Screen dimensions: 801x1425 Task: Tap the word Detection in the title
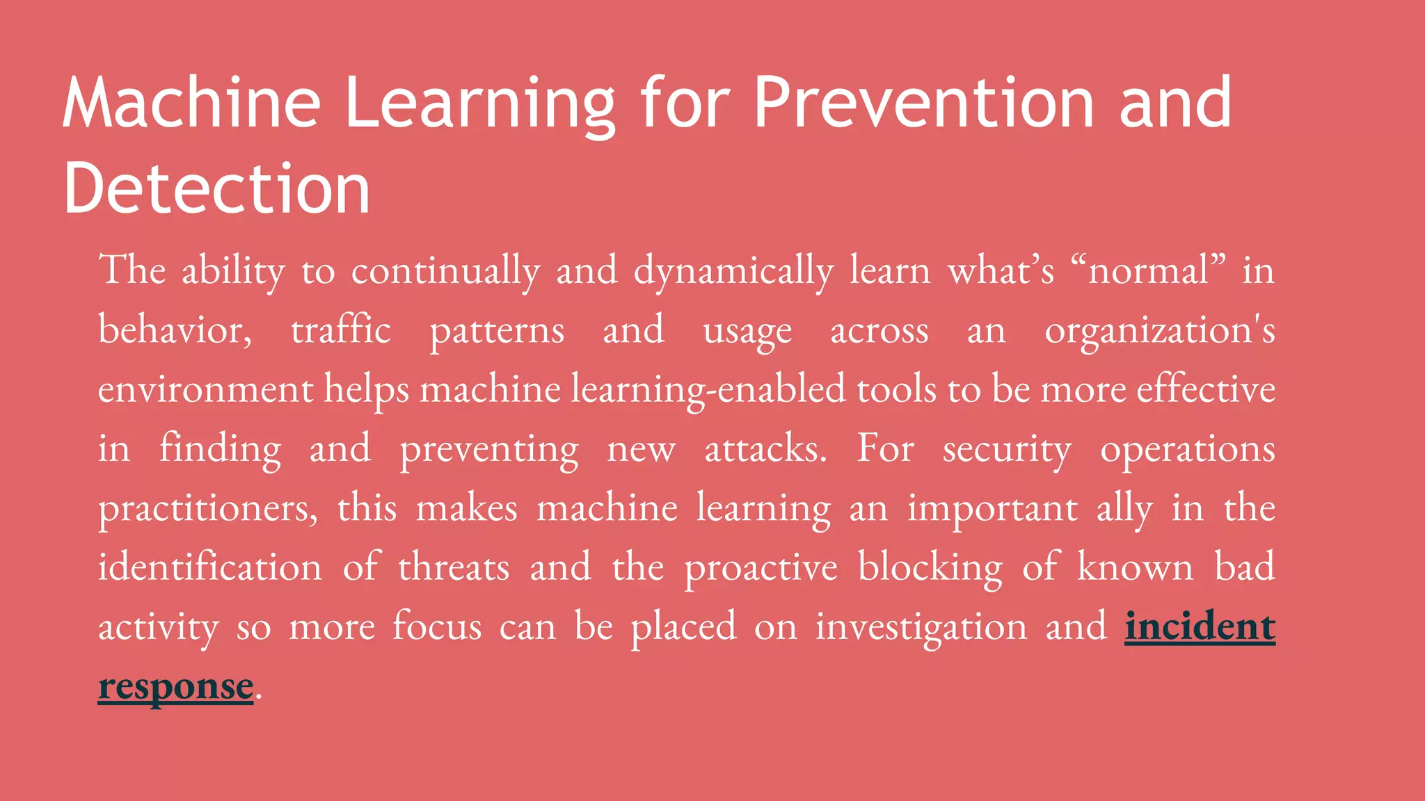coord(216,189)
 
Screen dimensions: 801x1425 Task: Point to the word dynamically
coord(733,271)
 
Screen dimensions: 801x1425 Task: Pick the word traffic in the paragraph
coord(341,330)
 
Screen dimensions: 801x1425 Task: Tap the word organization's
coord(1159,330)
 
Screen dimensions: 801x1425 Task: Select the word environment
coord(205,389)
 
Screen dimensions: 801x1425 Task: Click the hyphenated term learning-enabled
coord(708,389)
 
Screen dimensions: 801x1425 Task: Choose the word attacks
coord(765,449)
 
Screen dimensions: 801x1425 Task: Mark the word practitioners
coord(207,508)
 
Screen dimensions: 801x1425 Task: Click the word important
coord(992,508)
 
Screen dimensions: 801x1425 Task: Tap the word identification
coord(210,567)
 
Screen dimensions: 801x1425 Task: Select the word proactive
coord(761,567)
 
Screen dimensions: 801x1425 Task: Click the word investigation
coord(921,627)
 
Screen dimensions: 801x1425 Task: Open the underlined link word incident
coord(1200,627)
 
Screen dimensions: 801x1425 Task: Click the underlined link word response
coord(175,686)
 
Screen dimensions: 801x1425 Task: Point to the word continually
coord(445,271)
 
